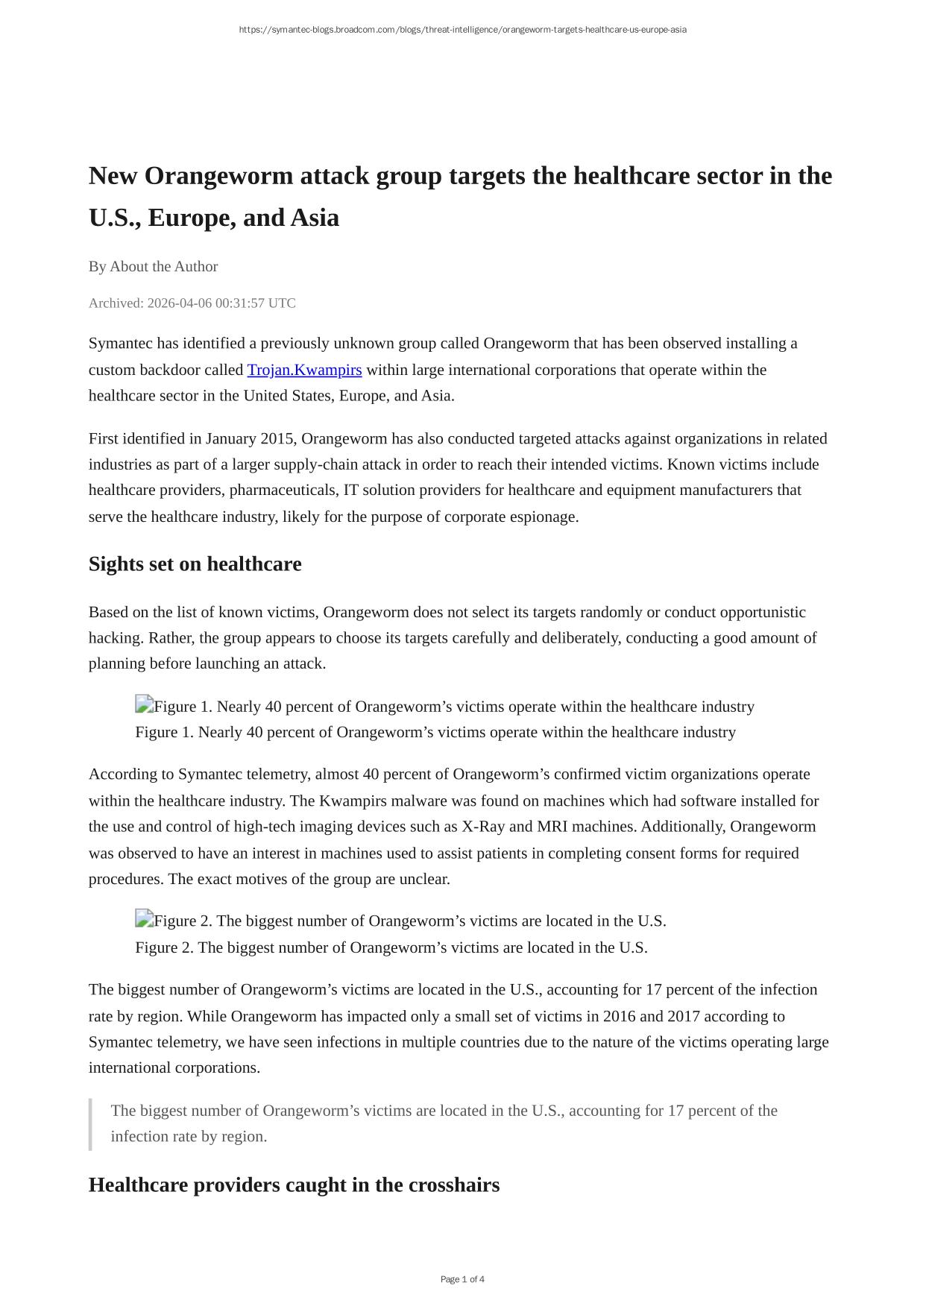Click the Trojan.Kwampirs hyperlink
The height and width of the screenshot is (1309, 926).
click(x=304, y=370)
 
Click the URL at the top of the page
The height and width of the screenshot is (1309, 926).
click(x=462, y=30)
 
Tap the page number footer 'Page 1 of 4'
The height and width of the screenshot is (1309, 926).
click(x=462, y=1279)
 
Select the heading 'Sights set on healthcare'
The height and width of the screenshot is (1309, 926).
click(x=195, y=564)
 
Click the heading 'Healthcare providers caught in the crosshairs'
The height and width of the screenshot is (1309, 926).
click(x=294, y=1185)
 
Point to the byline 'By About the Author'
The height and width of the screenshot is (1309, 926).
click(x=153, y=266)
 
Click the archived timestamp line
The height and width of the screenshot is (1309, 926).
click(x=192, y=303)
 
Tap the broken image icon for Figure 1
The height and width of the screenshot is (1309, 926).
click(x=144, y=704)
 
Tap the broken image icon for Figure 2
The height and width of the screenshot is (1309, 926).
click(x=144, y=919)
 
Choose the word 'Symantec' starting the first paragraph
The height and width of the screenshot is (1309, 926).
click(x=120, y=343)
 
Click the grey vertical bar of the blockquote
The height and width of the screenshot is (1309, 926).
click(x=90, y=1123)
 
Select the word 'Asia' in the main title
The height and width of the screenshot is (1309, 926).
click(x=315, y=218)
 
